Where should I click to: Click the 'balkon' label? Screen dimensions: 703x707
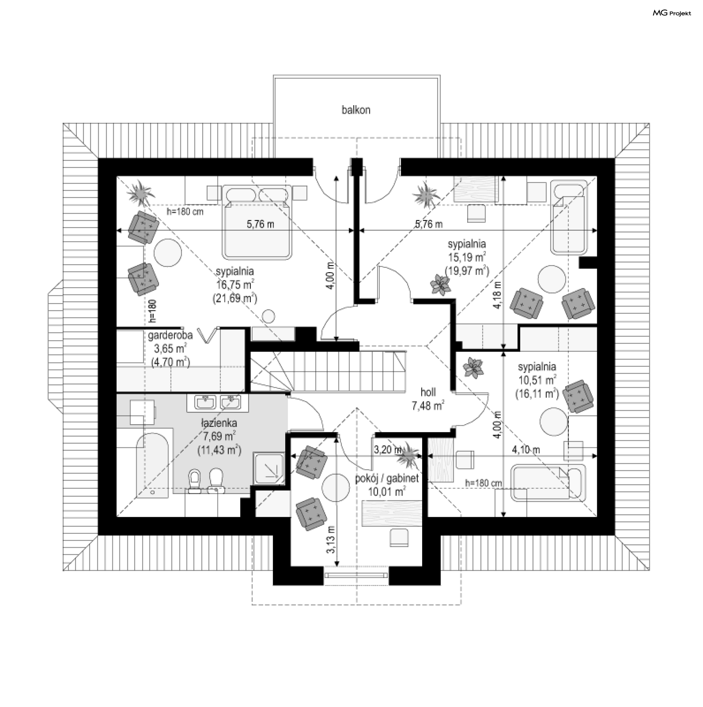(356, 110)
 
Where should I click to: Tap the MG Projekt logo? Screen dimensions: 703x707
(672, 13)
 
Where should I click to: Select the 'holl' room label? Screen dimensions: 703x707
(428, 392)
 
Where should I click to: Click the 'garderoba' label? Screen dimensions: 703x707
(170, 336)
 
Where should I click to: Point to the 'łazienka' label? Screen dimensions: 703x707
(219, 423)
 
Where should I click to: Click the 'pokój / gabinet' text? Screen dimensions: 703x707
(387, 478)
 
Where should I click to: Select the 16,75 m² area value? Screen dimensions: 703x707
(235, 285)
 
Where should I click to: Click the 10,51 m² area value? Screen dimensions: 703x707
(537, 380)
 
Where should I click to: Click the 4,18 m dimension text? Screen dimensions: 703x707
(497, 295)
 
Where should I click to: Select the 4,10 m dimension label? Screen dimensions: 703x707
(526, 449)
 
